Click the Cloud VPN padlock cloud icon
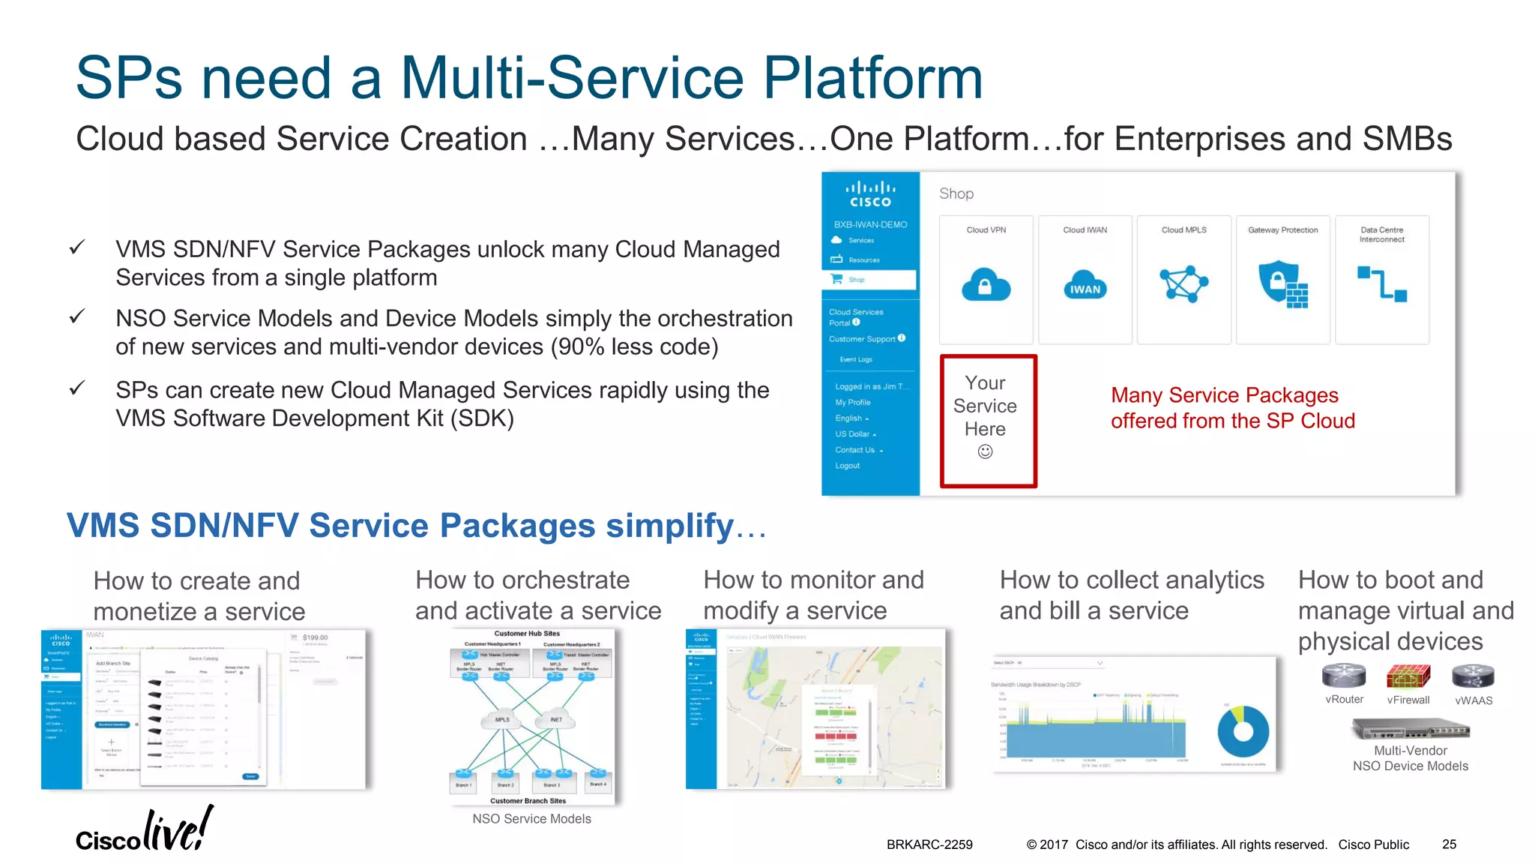click(x=986, y=284)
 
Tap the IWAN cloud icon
click(x=1085, y=286)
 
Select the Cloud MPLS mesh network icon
click(x=1183, y=283)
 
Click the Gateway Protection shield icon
click(x=1282, y=283)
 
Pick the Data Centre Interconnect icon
click(x=1381, y=284)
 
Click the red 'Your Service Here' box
click(x=988, y=421)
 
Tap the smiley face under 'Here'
click(x=985, y=451)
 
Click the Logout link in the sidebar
click(x=847, y=466)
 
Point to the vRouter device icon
click(x=1343, y=676)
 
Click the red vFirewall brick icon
click(x=1408, y=676)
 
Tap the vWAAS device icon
click(x=1473, y=676)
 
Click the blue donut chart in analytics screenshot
click(x=1243, y=731)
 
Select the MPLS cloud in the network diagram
click(x=502, y=718)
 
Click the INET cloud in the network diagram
click(x=555, y=718)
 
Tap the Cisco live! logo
click(x=144, y=830)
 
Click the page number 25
click(x=1449, y=844)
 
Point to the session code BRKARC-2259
click(x=929, y=844)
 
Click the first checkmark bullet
click(x=76, y=247)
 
